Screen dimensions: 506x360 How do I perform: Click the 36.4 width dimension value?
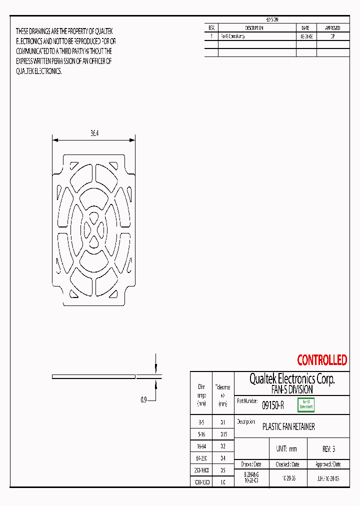pyautogui.click(x=94, y=133)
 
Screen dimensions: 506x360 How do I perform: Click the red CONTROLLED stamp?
pyautogui.click(x=322, y=360)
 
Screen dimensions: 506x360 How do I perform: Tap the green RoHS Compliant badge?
pyautogui.click(x=305, y=405)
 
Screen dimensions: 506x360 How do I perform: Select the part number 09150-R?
pyautogui.click(x=273, y=405)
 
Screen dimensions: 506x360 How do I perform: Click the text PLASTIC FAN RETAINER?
pyautogui.click(x=288, y=427)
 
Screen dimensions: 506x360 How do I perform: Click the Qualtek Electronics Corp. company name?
pyautogui.click(x=292, y=379)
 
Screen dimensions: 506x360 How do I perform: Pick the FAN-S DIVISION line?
pyautogui.click(x=292, y=389)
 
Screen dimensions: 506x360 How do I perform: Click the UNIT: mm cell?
pyautogui.click(x=286, y=449)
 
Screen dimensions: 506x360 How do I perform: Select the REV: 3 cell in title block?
pyautogui.click(x=328, y=449)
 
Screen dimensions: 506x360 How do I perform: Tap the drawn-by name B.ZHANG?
pyautogui.click(x=251, y=473)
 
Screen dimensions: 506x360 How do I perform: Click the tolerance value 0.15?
pyautogui.click(x=222, y=434)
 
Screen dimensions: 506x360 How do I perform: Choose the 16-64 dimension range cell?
pyautogui.click(x=201, y=446)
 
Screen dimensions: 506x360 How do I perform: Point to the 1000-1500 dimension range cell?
pyautogui.click(x=201, y=482)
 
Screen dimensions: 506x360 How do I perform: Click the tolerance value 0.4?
pyautogui.click(x=222, y=458)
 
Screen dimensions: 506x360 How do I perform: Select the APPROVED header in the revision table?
pyautogui.click(x=332, y=28)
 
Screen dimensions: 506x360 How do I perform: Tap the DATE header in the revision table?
pyautogui.click(x=306, y=28)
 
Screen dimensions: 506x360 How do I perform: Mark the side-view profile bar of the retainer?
pyautogui.click(x=94, y=376)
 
